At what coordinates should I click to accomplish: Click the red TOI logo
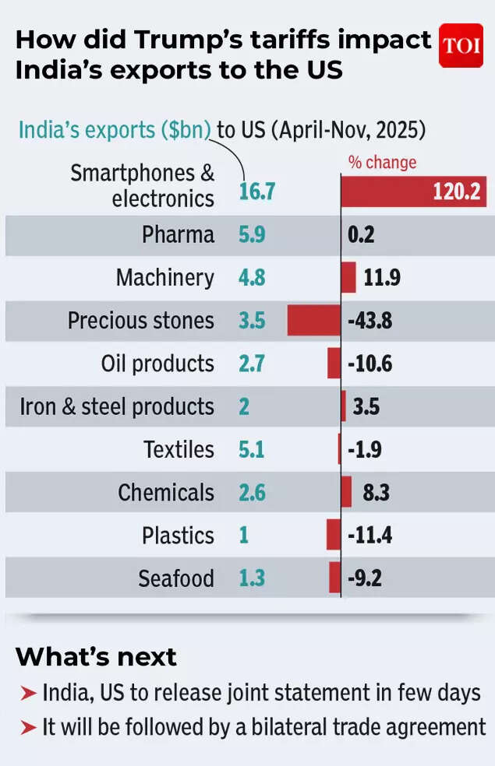click(461, 46)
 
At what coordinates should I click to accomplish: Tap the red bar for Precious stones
click(313, 320)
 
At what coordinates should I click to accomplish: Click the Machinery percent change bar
click(348, 277)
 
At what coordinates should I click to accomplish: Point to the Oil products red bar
click(334, 364)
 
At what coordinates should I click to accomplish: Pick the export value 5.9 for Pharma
click(251, 234)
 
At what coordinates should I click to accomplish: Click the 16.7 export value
click(256, 191)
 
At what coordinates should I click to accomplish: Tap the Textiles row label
click(179, 449)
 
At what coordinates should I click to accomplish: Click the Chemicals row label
click(165, 492)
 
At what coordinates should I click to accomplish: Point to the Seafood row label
click(176, 578)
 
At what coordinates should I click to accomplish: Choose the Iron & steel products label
click(117, 406)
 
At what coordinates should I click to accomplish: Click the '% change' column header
click(382, 162)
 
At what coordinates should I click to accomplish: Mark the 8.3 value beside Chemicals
click(376, 492)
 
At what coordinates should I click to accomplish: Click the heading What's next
click(96, 656)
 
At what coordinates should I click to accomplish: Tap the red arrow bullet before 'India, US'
click(28, 693)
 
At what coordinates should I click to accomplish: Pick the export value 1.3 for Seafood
click(252, 578)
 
